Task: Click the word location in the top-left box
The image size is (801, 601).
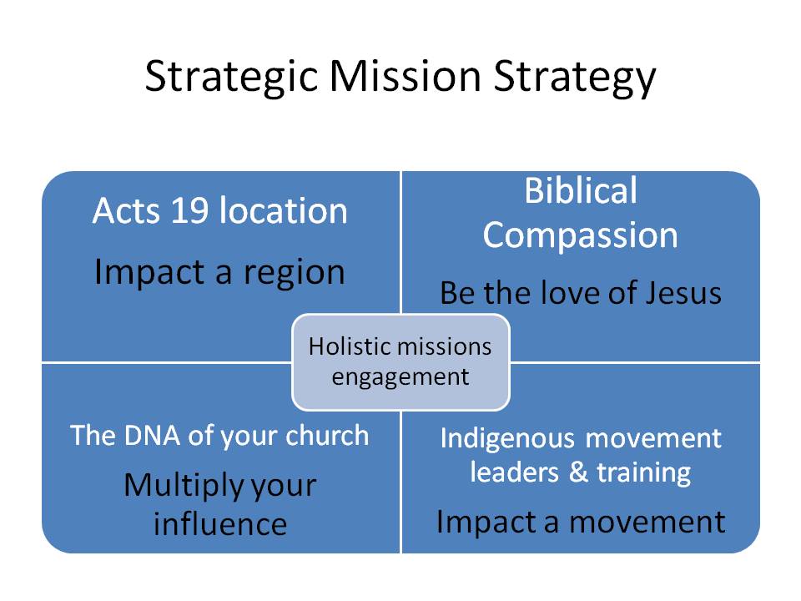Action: click(x=283, y=212)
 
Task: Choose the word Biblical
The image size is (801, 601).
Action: click(x=580, y=192)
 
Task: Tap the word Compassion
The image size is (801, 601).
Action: click(x=580, y=235)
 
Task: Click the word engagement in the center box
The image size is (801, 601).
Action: click(x=400, y=376)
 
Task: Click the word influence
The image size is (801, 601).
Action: click(x=220, y=524)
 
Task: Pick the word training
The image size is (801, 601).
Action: click(x=642, y=473)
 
